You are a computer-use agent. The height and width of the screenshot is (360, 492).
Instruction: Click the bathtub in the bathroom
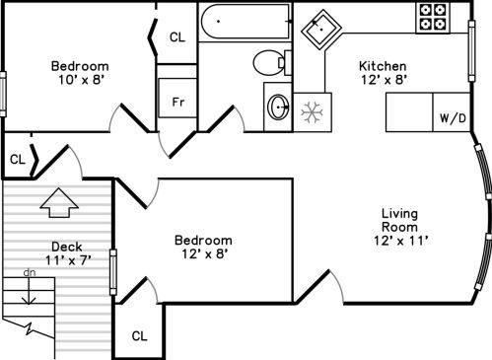click(246, 22)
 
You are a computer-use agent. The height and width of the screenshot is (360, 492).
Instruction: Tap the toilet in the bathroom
click(272, 63)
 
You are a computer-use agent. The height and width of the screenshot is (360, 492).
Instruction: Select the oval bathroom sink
click(279, 107)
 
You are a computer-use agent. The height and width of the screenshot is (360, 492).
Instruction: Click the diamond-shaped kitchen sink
click(321, 30)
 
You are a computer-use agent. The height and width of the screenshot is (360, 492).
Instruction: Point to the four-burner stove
click(433, 17)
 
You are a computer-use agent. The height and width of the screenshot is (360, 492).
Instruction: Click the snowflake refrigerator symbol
click(312, 112)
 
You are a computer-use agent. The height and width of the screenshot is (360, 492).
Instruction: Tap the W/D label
click(453, 118)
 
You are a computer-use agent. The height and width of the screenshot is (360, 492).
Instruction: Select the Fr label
click(178, 103)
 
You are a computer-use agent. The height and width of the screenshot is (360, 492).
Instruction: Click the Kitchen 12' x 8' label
click(384, 73)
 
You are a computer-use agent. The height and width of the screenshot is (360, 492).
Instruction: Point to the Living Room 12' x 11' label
click(400, 227)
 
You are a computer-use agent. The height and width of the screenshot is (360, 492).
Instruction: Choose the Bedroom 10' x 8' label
click(80, 73)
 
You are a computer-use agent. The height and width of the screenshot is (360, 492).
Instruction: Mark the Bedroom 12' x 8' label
click(203, 247)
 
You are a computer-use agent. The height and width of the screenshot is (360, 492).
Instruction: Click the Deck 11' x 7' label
click(67, 253)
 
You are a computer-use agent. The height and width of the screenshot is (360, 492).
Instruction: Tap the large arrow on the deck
click(59, 203)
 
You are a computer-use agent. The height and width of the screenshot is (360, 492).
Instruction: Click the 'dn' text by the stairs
click(30, 272)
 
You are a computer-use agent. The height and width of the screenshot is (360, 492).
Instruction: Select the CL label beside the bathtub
click(177, 37)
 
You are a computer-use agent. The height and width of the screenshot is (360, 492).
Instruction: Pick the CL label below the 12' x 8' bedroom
click(139, 336)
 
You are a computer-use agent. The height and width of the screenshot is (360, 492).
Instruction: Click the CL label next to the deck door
click(18, 160)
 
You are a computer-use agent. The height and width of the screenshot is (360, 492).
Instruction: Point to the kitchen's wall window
click(471, 51)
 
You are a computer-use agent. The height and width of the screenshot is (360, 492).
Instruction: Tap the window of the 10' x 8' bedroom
click(3, 95)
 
